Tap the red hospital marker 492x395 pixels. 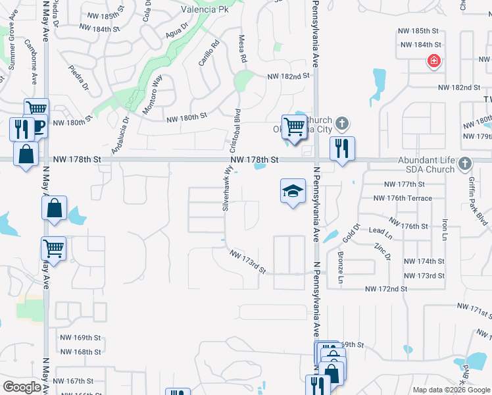[x=433, y=62]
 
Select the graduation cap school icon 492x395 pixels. [x=293, y=191]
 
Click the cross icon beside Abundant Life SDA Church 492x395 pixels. [x=465, y=163]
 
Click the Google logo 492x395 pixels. [x=22, y=387]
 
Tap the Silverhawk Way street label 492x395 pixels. [x=227, y=188]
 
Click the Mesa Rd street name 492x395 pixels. [x=243, y=49]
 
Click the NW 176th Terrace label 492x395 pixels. [x=403, y=198]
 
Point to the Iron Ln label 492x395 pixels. [x=445, y=230]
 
